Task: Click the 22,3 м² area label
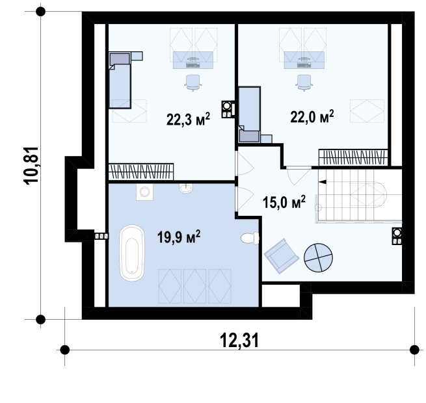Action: point(188,119)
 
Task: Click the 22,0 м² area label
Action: point(312,116)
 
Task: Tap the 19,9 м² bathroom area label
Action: point(179,237)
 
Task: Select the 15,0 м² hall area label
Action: point(284,201)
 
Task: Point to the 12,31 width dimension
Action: point(239,340)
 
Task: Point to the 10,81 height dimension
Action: point(32,166)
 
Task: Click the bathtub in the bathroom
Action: point(132,253)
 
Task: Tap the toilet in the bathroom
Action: point(250,238)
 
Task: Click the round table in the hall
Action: point(318,257)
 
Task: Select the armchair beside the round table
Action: point(282,255)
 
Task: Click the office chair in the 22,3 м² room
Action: point(193,83)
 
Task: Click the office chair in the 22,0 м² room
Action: point(304,83)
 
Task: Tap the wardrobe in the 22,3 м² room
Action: point(141,172)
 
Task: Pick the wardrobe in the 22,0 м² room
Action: point(353,157)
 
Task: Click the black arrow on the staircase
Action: point(323,182)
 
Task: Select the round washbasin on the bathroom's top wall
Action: point(186,188)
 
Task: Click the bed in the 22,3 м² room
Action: point(120,80)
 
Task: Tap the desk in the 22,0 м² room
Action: point(304,60)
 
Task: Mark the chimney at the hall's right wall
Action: point(397,236)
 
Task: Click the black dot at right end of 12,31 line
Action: point(414,350)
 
